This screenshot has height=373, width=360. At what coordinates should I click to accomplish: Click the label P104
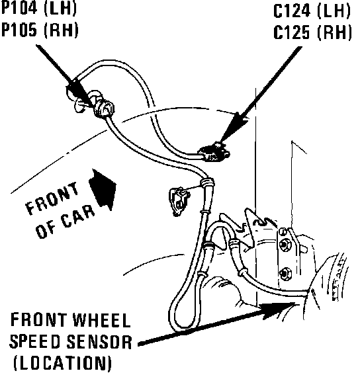coord(20,8)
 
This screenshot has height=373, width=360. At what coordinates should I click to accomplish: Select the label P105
coord(20,30)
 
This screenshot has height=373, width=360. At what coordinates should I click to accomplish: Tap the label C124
coord(291,11)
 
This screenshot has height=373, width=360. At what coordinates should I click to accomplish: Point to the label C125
coord(291,32)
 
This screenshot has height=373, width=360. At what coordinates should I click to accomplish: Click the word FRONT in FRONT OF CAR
coord(52,198)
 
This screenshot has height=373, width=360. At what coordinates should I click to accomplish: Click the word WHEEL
coord(102,320)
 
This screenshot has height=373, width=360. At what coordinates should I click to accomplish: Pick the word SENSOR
coord(99,342)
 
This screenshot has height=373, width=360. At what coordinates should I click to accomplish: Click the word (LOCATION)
coord(63,363)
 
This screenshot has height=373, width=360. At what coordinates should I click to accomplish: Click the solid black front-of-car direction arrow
coord(103,189)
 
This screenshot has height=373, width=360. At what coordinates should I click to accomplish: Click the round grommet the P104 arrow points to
coord(105,108)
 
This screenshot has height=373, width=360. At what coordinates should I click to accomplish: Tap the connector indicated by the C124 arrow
coord(214,152)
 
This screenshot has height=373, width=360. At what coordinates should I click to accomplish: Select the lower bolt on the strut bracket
coord(286,274)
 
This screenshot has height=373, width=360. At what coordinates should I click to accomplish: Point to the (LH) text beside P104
coord(60,8)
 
